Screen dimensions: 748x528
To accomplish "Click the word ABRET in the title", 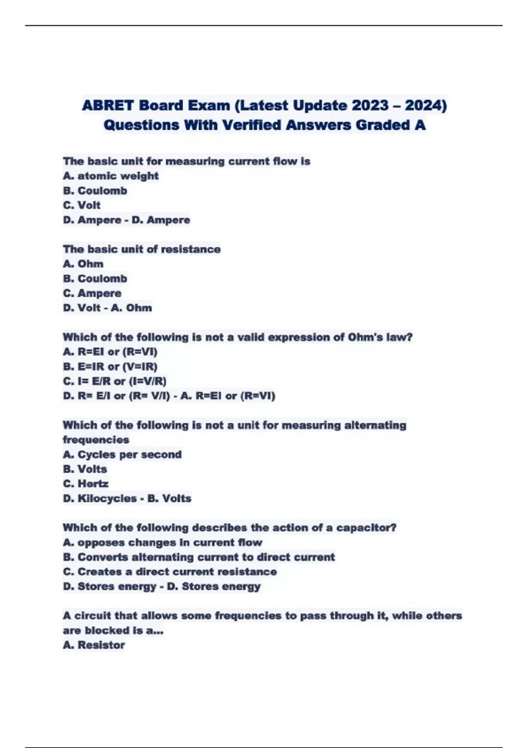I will pyautogui.click(x=108, y=106).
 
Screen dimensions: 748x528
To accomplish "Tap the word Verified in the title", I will pyautogui.click(x=252, y=125).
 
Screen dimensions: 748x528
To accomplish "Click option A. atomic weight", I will pyautogui.click(x=110, y=176).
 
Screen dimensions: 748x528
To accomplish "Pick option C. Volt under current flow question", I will pyautogui.click(x=82, y=205).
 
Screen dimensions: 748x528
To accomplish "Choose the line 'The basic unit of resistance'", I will pyautogui.click(x=142, y=249).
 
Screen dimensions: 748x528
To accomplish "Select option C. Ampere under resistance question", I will pyautogui.click(x=92, y=293).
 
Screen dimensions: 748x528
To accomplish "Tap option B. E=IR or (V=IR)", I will pyautogui.click(x=110, y=367).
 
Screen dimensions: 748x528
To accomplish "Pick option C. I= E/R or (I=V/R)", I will pyautogui.click(x=115, y=381).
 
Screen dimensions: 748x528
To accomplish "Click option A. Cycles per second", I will pyautogui.click(x=122, y=455).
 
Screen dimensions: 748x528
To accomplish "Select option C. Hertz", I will pyautogui.click(x=86, y=484).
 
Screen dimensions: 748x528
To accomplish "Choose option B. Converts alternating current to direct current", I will pyautogui.click(x=199, y=557).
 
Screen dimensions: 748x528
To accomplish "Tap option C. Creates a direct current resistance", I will pyautogui.click(x=170, y=572).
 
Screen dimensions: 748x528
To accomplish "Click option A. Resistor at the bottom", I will pyautogui.click(x=94, y=645).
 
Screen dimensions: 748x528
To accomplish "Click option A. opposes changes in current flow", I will pyautogui.click(x=162, y=543).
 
